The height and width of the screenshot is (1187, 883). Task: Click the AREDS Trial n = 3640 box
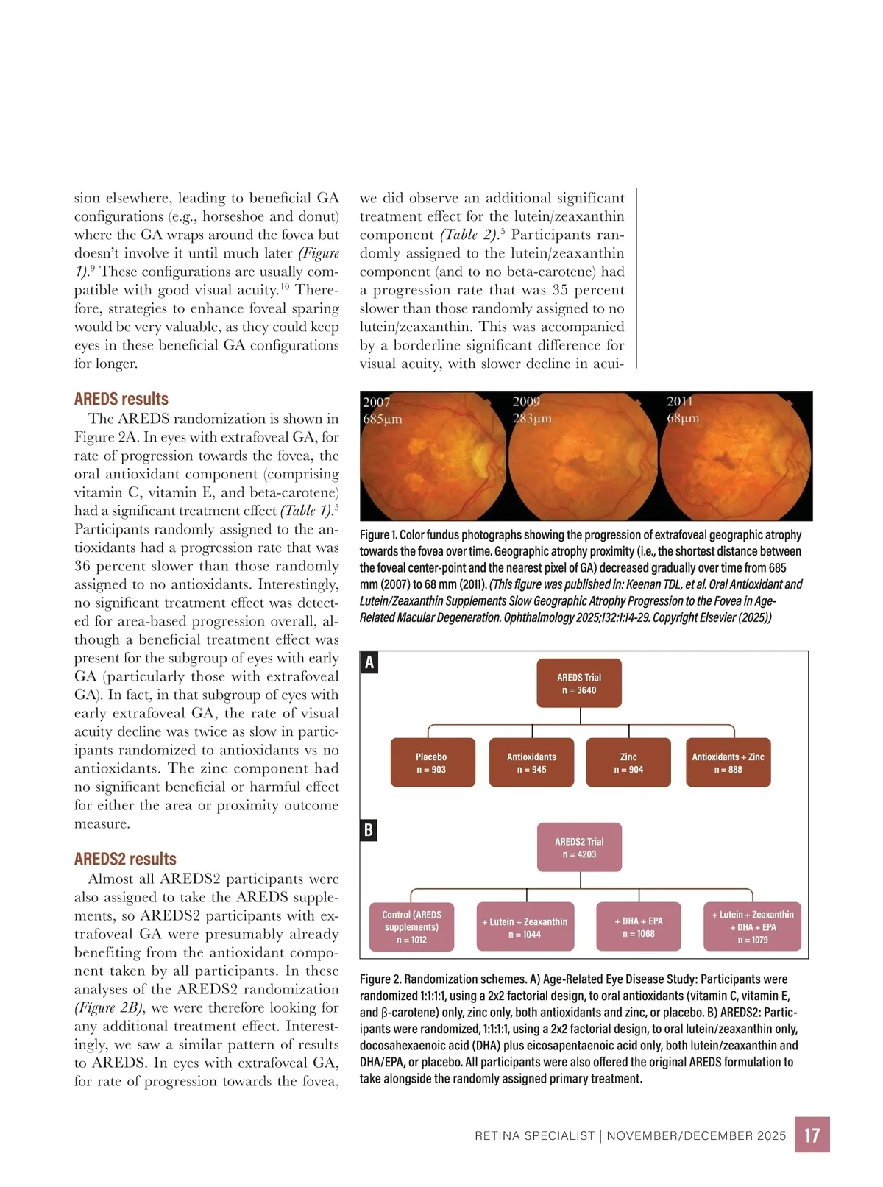coord(579,684)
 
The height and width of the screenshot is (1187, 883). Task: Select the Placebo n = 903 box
coord(431,763)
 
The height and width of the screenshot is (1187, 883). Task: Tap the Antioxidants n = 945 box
coord(531,763)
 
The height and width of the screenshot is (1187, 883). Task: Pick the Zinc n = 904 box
coord(628,763)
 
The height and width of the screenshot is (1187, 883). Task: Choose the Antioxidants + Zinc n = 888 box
coord(728,763)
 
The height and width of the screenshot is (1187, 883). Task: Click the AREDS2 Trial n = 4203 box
coord(579,848)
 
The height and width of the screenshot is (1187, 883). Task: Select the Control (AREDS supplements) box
coord(411,927)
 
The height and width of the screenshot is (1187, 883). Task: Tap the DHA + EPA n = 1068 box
coord(639,927)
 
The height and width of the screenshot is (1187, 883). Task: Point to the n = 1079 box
coord(753,927)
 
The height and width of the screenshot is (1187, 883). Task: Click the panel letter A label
coord(369,663)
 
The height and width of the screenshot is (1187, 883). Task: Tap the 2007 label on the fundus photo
coord(377,402)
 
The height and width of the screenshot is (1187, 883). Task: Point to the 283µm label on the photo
coord(532,419)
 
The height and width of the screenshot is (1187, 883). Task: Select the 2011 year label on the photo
coord(680,402)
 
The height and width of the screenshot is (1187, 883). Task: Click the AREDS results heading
coord(121,399)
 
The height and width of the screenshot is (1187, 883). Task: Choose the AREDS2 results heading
coord(125,859)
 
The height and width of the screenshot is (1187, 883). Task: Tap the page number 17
coord(812,1135)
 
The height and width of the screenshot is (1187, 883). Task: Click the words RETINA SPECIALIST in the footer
coord(534,1135)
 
